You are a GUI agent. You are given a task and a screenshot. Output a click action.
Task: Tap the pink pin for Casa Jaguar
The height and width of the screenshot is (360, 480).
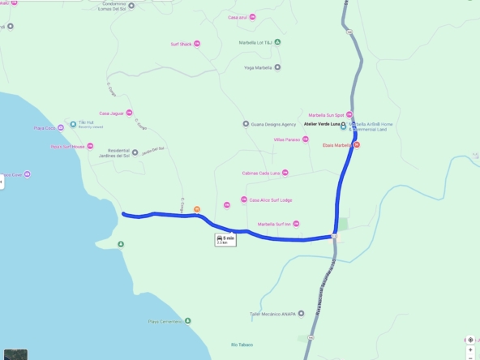[129, 113]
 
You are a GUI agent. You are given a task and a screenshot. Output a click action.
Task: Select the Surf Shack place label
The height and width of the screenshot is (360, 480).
[180, 44]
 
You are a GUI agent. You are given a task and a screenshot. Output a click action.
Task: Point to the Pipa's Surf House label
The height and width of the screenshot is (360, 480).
[67, 147]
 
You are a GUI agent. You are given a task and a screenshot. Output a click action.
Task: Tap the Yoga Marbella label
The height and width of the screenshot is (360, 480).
[259, 67]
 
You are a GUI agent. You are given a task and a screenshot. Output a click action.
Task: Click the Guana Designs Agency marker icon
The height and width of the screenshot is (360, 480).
[246, 124]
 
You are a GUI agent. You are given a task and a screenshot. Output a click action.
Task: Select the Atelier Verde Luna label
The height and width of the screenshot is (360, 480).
[322, 124]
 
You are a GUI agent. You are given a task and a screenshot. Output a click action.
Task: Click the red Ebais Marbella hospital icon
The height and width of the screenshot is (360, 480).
[356, 145]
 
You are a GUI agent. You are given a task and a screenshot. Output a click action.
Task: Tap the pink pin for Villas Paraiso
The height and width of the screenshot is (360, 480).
[306, 139]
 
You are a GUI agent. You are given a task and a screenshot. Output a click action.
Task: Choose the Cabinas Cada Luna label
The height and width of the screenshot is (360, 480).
[260, 173]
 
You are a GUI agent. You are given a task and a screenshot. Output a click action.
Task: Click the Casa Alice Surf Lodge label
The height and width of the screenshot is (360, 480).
[271, 199]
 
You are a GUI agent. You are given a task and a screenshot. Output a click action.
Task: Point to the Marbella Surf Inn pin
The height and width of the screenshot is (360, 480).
[297, 224]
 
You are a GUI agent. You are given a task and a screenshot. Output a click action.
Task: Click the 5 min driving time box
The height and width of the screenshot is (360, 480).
[225, 239]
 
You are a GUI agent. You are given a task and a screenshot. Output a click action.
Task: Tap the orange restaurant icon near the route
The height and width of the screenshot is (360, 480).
[196, 209]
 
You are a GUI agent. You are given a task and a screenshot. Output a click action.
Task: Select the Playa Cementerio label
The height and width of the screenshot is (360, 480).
[165, 321]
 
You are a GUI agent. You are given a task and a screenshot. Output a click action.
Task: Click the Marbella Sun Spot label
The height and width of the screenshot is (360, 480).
[327, 115]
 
